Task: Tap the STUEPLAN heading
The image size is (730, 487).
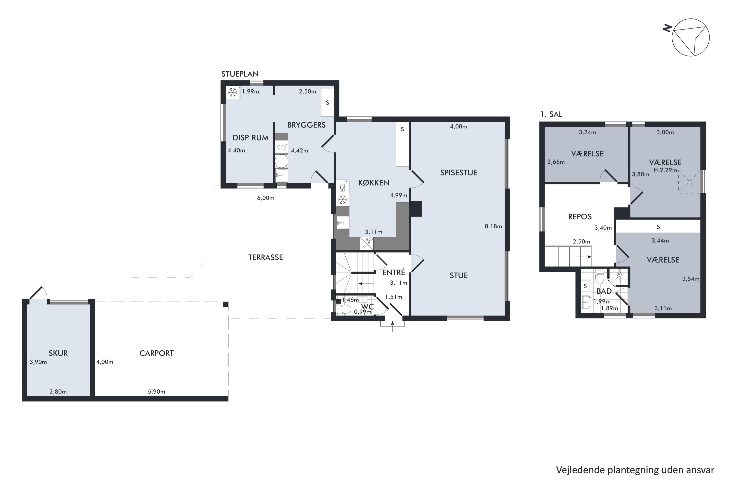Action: pos(240,74)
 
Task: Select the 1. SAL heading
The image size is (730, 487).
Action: pos(551,114)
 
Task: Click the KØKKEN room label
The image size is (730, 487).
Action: pos(373,183)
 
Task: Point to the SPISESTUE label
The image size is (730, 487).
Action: pos(458,173)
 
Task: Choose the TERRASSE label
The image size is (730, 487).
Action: pos(265,257)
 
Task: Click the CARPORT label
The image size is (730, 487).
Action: pos(156,353)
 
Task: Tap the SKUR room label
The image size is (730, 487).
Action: pos(58,353)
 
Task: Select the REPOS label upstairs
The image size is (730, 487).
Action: pos(580,217)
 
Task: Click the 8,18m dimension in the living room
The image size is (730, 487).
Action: pos(493,226)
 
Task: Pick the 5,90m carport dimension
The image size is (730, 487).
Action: pos(156,392)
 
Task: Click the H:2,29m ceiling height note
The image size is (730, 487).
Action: pos(665,170)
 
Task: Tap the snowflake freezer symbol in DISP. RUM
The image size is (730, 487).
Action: pos(233,92)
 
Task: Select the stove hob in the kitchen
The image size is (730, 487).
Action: pos(366,243)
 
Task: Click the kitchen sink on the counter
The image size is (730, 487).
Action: pos(342,223)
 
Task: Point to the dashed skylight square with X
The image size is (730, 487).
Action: pos(689,182)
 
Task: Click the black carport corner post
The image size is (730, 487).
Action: pos(226,304)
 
